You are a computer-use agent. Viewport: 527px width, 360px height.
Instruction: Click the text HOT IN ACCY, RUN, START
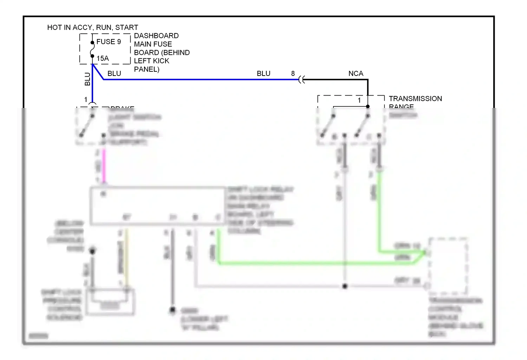tap(92, 27)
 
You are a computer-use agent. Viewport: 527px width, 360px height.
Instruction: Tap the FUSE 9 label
tap(109, 42)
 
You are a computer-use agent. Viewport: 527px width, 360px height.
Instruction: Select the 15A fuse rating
tap(103, 59)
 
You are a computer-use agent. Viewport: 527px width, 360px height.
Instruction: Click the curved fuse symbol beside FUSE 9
tap(92, 49)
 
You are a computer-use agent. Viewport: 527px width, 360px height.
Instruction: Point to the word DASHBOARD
tap(156, 36)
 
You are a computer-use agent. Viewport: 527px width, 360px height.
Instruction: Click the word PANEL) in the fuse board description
tap(147, 69)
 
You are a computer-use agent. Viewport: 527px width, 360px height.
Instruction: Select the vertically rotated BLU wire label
tap(87, 79)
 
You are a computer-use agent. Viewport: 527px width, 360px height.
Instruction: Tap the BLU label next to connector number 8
tap(263, 73)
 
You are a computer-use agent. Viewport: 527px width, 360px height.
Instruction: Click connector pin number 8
tap(293, 73)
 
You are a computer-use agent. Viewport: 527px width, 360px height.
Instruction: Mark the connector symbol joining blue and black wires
tap(301, 80)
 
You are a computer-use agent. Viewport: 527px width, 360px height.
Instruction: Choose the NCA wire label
tap(356, 73)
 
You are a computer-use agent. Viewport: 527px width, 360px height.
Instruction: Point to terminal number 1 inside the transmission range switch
tap(359, 100)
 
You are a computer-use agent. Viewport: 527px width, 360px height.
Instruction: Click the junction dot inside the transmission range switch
tap(368, 106)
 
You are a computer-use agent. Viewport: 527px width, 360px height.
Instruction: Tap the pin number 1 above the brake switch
tap(86, 100)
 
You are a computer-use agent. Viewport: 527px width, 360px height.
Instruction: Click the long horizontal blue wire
tap(200, 79)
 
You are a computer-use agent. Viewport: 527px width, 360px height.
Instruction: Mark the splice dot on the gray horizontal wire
tap(345, 286)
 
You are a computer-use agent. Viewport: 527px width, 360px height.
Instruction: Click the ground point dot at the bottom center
tap(173, 310)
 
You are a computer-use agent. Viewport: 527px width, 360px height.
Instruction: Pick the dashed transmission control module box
tap(448, 266)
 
